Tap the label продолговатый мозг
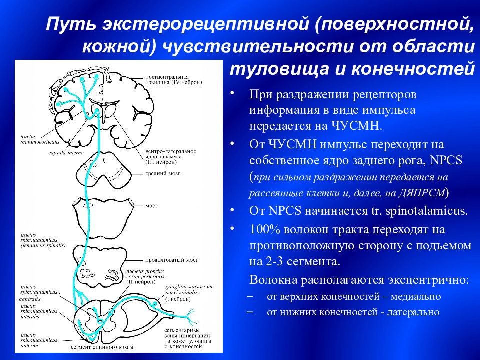click(172, 260)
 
